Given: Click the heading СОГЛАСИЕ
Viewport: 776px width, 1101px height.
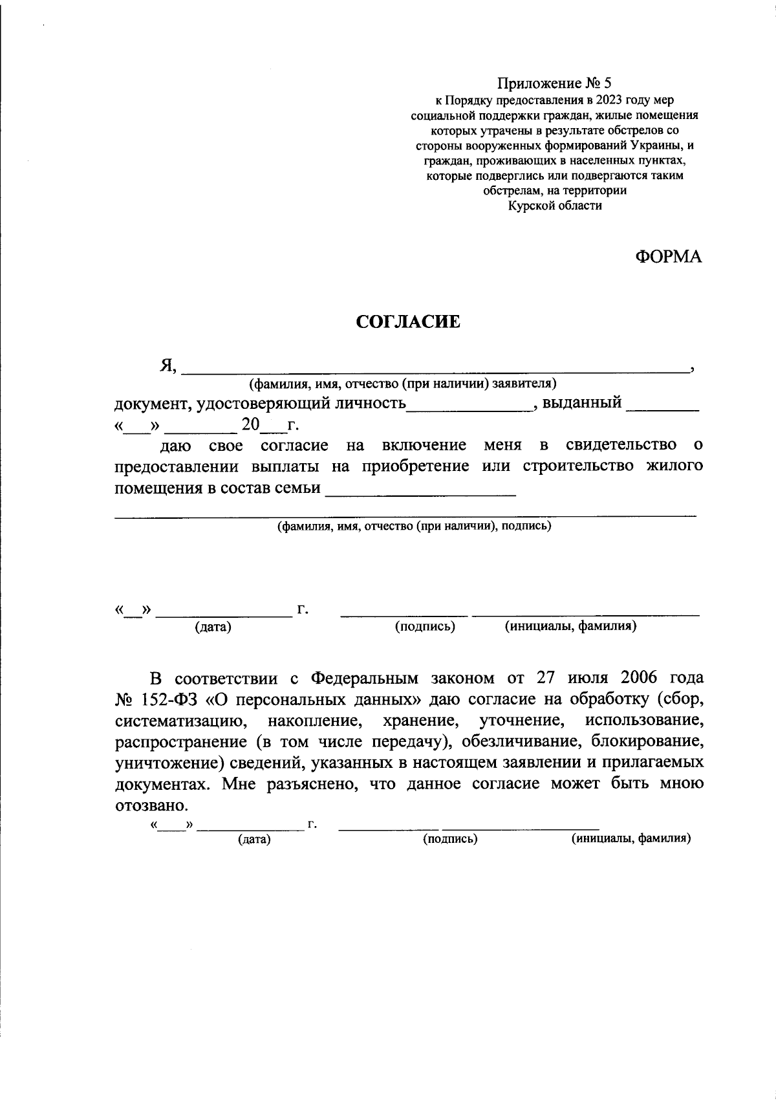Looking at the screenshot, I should [x=408, y=322].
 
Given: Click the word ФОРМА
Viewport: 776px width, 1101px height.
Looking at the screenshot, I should [x=668, y=257].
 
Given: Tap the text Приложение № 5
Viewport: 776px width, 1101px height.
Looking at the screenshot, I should [x=554, y=83].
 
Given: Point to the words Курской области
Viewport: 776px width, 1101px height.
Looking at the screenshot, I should [x=555, y=206].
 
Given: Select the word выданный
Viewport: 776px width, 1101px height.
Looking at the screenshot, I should [x=581, y=403].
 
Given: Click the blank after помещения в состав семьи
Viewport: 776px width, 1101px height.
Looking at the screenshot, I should [x=420, y=492].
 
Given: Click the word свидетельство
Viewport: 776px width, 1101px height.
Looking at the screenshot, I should [x=621, y=446].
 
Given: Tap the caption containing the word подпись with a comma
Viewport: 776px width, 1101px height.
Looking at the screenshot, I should [x=414, y=526].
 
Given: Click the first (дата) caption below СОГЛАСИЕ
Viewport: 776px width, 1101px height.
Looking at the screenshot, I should [x=213, y=627].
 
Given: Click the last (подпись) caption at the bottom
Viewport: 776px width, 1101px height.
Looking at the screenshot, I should [x=450, y=839].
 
